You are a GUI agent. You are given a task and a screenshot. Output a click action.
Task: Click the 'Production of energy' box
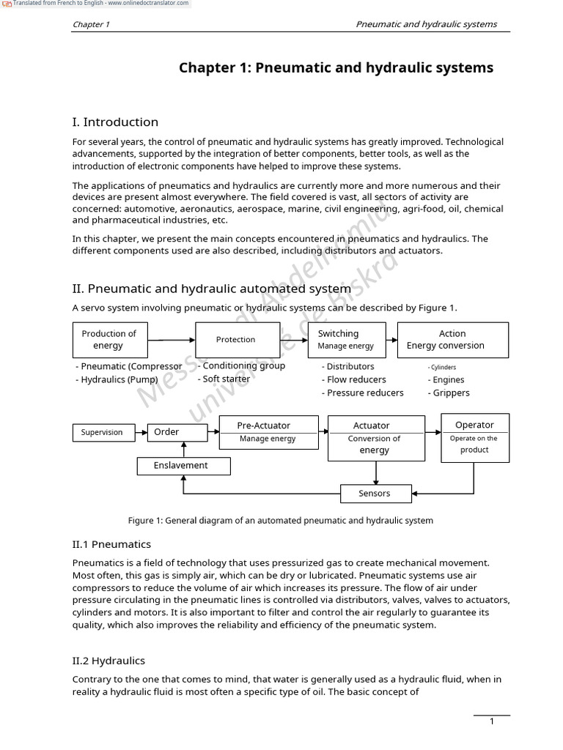[x=109, y=340]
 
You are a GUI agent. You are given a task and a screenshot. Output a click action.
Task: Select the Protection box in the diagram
[x=235, y=340]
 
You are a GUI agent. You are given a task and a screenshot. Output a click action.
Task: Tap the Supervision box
[x=102, y=432]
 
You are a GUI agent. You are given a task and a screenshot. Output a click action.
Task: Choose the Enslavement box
[x=183, y=466]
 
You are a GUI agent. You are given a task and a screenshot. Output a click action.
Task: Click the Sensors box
[x=375, y=494]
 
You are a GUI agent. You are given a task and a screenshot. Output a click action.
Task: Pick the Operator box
[x=474, y=437]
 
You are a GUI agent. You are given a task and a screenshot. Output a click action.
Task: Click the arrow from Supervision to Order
[x=139, y=432]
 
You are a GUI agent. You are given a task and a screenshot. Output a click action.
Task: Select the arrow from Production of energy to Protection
[x=171, y=340]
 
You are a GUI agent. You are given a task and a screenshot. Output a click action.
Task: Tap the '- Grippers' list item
[x=449, y=393]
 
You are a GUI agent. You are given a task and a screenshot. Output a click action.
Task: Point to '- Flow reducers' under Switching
[x=353, y=379]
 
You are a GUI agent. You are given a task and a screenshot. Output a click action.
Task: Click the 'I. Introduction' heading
[x=115, y=122]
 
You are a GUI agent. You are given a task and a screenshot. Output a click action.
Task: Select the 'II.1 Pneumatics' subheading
[x=111, y=544]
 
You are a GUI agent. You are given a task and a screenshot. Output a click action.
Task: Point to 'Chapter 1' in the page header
[x=91, y=24]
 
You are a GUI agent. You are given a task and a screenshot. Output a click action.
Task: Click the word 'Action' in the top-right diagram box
[x=452, y=333]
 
